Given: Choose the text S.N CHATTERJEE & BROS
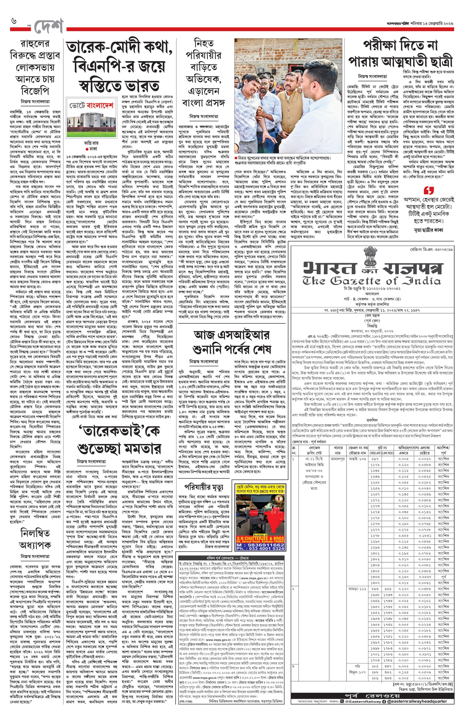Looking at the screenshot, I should (x=260, y=538).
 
